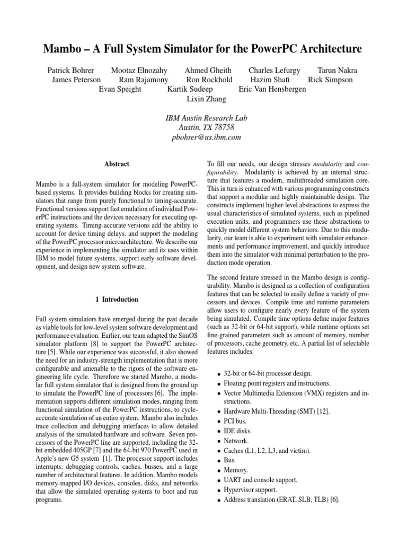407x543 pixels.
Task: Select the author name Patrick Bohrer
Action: click(x=71, y=70)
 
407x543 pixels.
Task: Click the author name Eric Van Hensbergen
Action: click(x=272, y=89)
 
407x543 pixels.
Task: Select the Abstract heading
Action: click(x=117, y=164)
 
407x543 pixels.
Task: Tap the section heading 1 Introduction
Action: click(x=117, y=300)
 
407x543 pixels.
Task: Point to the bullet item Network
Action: click(x=236, y=441)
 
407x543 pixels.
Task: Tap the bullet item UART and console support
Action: click(x=260, y=480)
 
